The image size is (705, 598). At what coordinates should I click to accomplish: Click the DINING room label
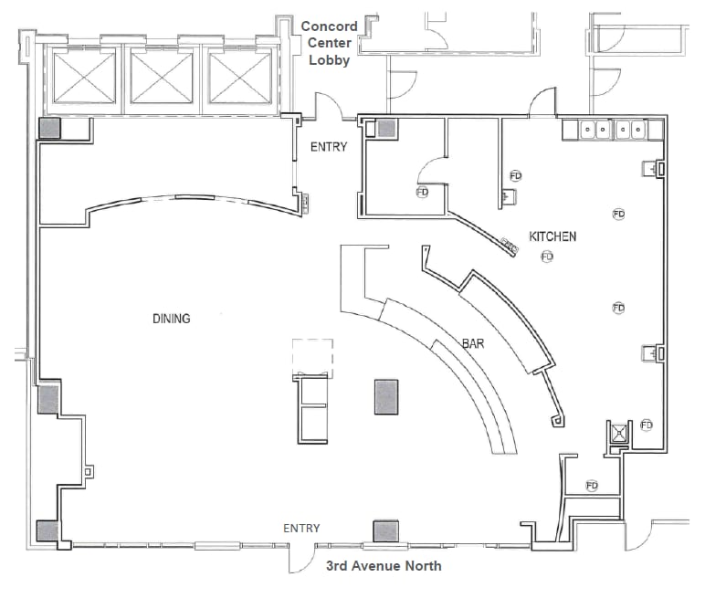pos(171,319)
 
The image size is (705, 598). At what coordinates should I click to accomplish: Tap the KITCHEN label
pos(552,236)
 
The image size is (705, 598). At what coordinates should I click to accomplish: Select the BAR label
pos(473,344)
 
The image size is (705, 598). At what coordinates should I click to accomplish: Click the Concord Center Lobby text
pos(329,43)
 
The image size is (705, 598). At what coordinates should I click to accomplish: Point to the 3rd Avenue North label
pos(384,566)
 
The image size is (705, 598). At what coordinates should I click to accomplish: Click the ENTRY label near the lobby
pos(329,147)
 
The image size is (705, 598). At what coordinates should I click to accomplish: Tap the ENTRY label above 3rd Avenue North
pos(301,529)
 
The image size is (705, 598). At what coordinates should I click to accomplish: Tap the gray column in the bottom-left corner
pos(47,531)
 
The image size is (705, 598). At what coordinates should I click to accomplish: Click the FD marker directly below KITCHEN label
pos(547,257)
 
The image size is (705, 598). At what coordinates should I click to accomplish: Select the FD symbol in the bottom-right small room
pos(591,485)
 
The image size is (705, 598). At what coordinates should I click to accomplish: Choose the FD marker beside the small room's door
pos(422,193)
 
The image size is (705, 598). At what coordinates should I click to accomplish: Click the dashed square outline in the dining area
pos(312,356)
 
